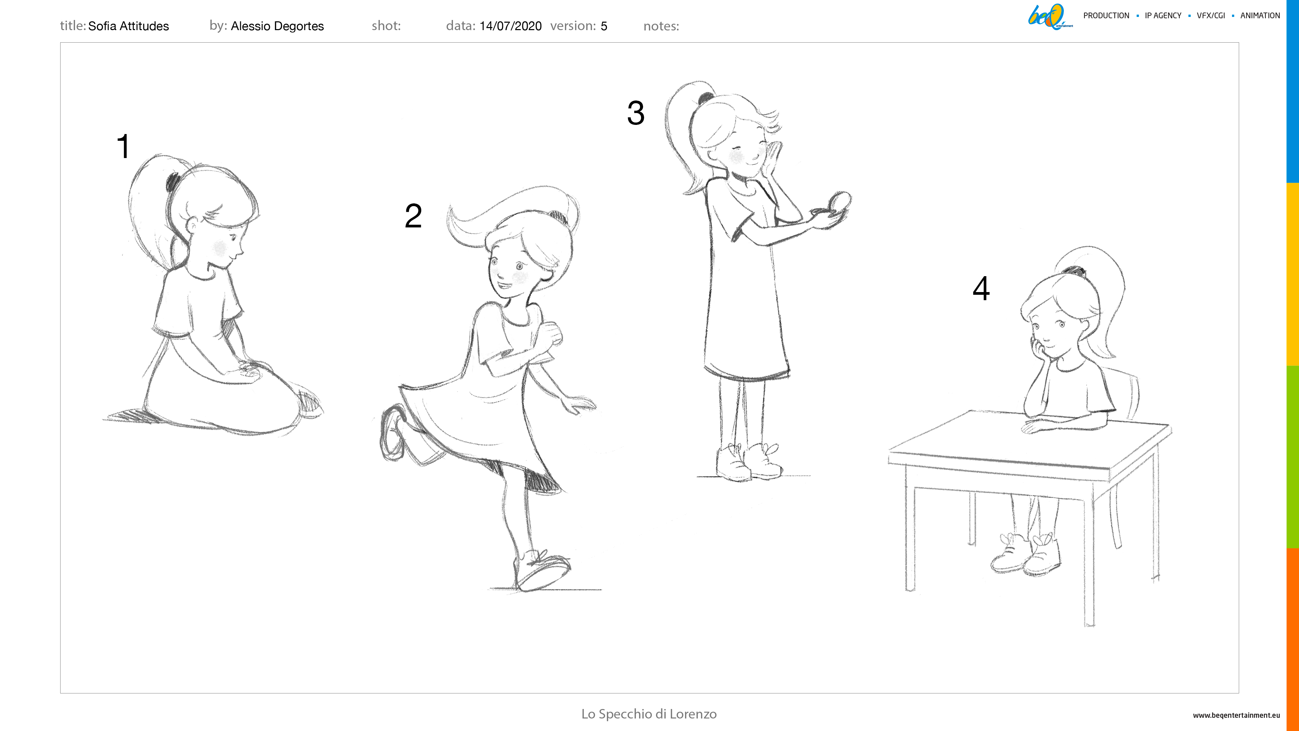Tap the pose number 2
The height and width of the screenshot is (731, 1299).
[x=413, y=216]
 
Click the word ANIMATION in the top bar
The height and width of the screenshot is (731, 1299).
[x=1260, y=16]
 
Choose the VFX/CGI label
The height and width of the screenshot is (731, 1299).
[x=1211, y=16]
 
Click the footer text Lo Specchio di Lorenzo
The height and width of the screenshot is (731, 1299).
[x=649, y=714]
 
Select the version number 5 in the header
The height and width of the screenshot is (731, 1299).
[x=603, y=26]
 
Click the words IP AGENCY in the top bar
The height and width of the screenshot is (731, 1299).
[x=1163, y=16]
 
